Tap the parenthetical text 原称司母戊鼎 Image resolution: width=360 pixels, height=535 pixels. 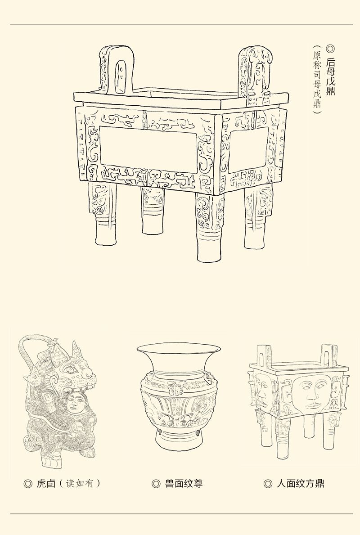click(317, 79)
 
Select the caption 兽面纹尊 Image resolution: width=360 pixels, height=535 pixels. click(184, 483)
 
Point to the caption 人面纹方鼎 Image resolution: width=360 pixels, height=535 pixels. click(300, 483)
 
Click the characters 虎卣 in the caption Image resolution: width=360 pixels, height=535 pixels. click(46, 483)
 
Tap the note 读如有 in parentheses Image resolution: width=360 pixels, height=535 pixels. click(79, 483)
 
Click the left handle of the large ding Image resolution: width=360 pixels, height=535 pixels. click(117, 70)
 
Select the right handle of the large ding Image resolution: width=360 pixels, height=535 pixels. click(256, 75)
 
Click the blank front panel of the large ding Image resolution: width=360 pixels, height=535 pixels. click(148, 149)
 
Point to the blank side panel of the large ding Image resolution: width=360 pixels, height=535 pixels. click(248, 149)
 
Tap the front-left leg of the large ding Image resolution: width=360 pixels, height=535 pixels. click(102, 213)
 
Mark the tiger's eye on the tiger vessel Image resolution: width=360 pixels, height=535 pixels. click(71, 369)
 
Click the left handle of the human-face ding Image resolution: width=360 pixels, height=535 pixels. click(265, 356)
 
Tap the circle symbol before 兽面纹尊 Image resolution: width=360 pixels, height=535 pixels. click(156, 484)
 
